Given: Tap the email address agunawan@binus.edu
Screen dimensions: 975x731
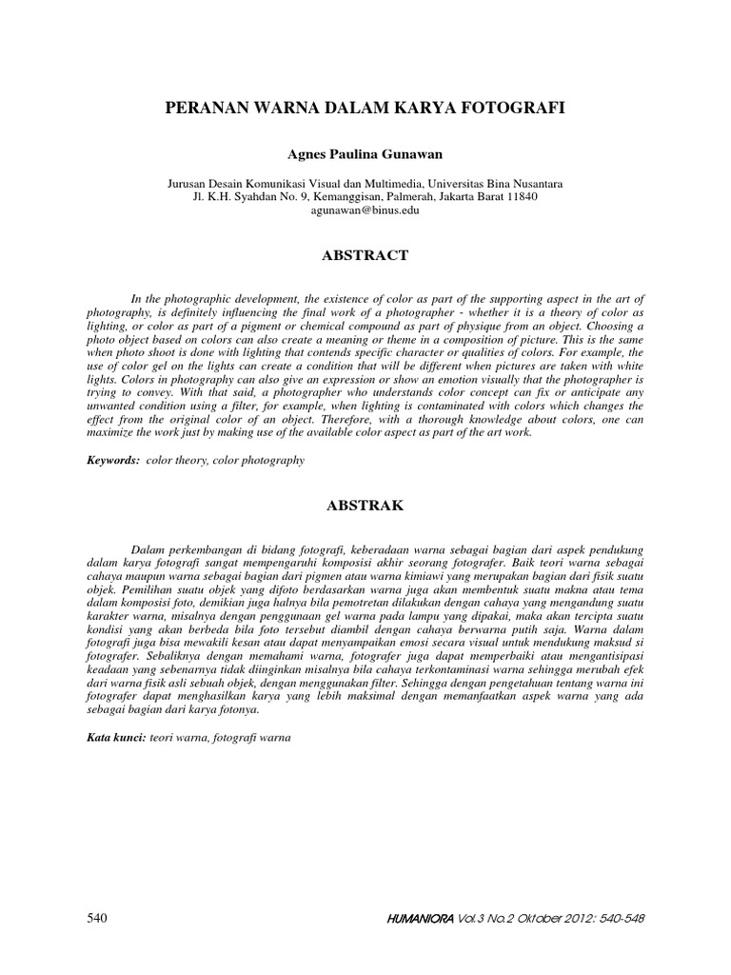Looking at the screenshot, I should pyautogui.click(x=365, y=210).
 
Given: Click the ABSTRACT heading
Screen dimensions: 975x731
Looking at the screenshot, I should pyautogui.click(x=365, y=255).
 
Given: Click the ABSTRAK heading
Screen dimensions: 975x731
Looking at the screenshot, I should pyautogui.click(x=365, y=506).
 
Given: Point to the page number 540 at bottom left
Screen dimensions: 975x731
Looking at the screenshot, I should pyautogui.click(x=97, y=918).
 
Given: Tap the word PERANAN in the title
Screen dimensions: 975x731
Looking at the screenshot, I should pyautogui.click(x=206, y=109).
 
